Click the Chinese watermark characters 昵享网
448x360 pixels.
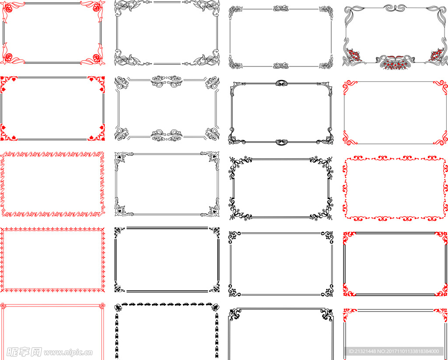point(24,352)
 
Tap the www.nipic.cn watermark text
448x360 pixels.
point(68,353)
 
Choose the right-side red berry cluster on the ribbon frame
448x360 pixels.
point(437,55)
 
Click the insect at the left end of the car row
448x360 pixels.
point(118,307)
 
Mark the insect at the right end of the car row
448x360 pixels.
point(215,307)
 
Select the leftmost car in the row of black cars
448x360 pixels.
point(125,304)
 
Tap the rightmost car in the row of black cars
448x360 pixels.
point(209,304)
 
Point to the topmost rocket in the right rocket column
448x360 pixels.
point(216,317)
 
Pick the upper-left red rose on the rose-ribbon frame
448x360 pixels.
point(8,8)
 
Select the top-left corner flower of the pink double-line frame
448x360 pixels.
point(3,306)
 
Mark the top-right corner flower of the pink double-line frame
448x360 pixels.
point(101,306)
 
